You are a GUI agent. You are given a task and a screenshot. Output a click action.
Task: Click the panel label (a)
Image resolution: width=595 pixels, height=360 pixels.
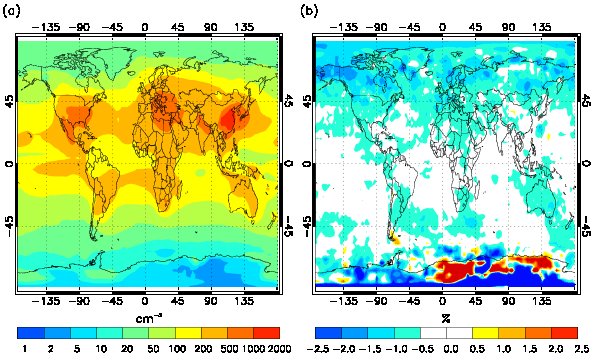[x=10, y=11]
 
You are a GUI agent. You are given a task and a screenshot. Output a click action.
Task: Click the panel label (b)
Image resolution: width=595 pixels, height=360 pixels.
[x=308, y=11]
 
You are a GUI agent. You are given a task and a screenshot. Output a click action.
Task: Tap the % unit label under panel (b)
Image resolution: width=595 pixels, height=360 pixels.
[x=445, y=318]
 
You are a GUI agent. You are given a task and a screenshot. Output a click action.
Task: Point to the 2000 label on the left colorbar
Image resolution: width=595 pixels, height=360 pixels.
[x=278, y=349]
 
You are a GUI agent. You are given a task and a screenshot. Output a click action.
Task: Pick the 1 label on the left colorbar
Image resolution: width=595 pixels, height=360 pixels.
[x=25, y=349]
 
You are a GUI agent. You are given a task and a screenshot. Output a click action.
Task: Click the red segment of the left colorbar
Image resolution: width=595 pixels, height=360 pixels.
[x=267, y=333]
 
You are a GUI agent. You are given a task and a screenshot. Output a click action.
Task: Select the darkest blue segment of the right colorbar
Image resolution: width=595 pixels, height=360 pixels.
[x=329, y=333]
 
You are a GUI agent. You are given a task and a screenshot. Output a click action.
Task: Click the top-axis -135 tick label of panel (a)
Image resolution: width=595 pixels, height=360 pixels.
[x=46, y=27]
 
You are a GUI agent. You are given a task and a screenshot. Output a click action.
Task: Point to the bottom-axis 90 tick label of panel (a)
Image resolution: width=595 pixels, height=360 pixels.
[x=211, y=301]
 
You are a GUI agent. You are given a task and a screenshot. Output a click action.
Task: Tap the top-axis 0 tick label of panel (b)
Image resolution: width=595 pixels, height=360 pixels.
[x=442, y=27]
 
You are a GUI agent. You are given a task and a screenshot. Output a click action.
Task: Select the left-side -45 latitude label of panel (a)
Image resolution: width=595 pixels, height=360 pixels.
[x=9, y=226]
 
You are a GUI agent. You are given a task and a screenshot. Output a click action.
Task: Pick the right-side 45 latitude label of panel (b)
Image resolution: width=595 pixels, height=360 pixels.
[x=586, y=102]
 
